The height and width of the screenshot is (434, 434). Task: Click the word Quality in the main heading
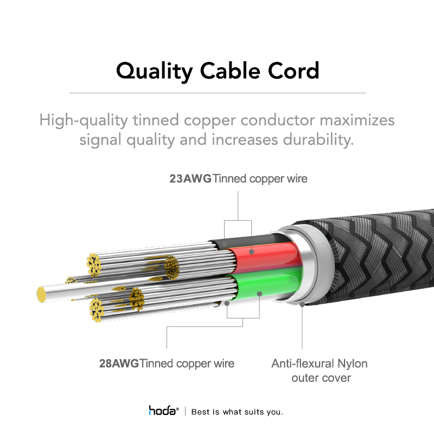pos(155,71)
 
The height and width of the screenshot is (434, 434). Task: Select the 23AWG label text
pos(190,178)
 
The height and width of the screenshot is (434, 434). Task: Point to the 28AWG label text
pos(119,363)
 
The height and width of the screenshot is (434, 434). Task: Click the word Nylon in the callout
pos(352,363)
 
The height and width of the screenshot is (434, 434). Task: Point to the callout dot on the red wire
pos(251,252)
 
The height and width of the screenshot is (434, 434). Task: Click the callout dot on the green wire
pos(259,293)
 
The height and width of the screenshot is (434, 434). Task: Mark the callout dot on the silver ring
pos(302,304)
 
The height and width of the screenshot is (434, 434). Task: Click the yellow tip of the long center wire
pos(41,295)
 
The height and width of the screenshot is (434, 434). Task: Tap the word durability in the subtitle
pos(318,139)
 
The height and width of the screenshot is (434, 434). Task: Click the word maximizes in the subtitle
pos(357,120)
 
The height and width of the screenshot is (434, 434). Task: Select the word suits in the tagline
pos(254,412)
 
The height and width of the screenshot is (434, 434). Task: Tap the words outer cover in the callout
pos(321,378)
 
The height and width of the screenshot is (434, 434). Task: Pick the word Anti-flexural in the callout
pos(303,363)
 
